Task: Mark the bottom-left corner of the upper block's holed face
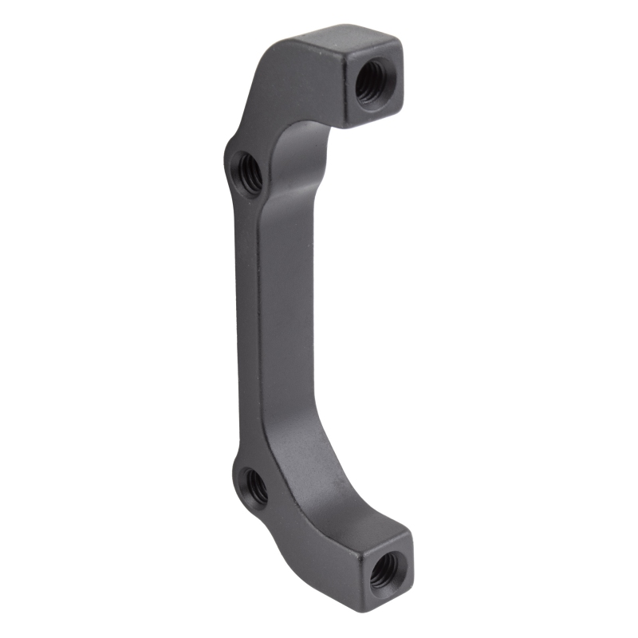[348, 122]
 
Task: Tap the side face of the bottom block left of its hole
[359, 566]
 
